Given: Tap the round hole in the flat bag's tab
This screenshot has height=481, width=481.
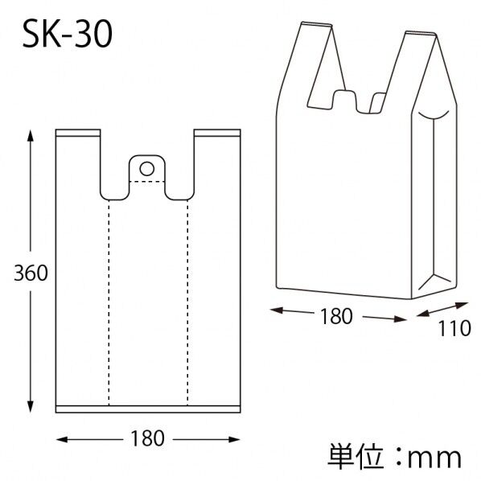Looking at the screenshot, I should [x=146, y=168].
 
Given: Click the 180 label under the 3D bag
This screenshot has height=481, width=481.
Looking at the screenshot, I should [x=335, y=317].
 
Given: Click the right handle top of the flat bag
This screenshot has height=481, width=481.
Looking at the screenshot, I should [x=217, y=132].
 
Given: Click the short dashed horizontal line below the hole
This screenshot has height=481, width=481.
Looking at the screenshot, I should [x=146, y=183].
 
